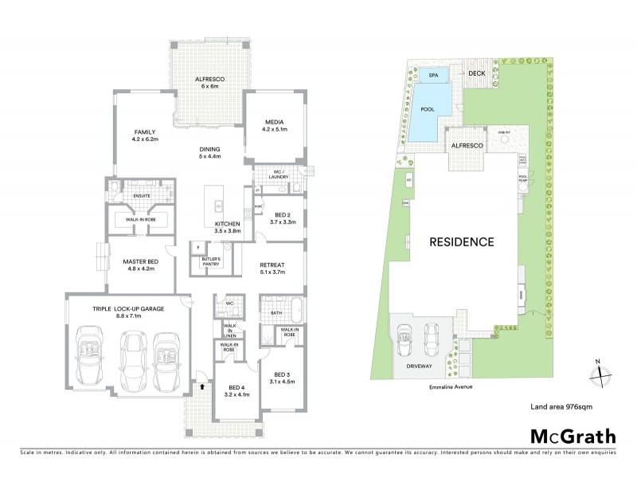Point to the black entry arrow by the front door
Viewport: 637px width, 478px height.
(x=202, y=386)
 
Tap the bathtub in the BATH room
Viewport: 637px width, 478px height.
(x=287, y=304)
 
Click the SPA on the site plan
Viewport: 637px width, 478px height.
(x=433, y=76)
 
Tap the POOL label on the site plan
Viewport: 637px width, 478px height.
(x=427, y=108)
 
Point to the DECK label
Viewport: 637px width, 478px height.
(x=477, y=73)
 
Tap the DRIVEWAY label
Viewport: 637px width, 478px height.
(x=419, y=368)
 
